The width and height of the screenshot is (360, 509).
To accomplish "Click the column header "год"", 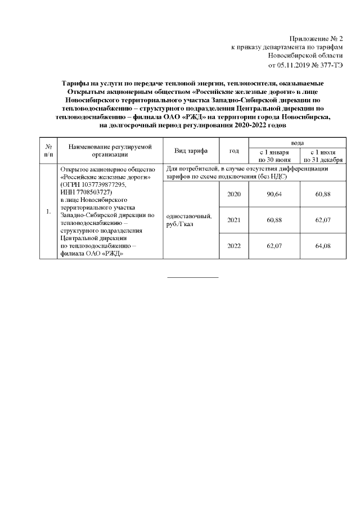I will [x=233, y=151].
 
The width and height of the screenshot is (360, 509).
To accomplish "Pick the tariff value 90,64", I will [x=273, y=194].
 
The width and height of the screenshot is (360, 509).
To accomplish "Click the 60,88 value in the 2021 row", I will [x=273, y=220].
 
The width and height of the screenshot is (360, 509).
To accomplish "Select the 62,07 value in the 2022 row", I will [x=273, y=246].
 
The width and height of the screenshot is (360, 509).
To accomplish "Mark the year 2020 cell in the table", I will [x=233, y=194].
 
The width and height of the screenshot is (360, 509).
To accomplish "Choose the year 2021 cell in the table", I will [x=233, y=220].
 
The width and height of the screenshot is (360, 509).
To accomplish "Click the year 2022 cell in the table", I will [x=233, y=246].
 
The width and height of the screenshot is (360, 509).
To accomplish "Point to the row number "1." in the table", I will [x=48, y=211].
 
